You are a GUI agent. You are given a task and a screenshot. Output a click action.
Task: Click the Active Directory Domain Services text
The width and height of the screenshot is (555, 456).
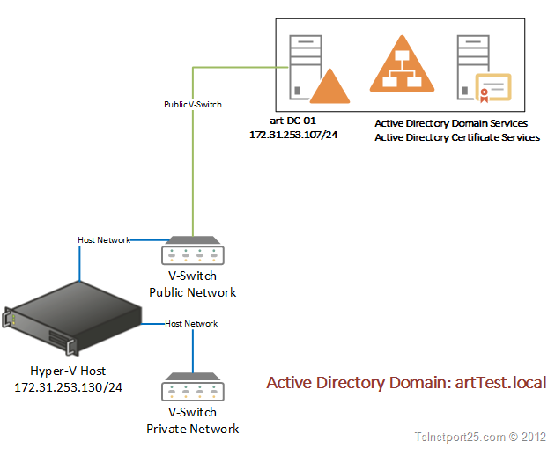[451, 124]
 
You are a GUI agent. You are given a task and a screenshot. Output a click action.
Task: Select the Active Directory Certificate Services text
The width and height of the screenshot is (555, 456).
[457, 137]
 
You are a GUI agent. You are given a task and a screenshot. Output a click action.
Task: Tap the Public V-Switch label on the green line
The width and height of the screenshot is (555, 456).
[193, 104]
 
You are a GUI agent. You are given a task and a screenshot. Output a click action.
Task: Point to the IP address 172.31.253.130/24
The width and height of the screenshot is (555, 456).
[68, 387]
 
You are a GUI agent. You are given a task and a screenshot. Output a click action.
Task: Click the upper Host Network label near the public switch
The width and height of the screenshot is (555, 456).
[104, 239]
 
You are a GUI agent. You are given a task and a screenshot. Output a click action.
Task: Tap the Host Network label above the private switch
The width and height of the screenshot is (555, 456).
[191, 324]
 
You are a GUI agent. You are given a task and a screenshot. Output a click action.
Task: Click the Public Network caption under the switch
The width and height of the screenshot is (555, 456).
[192, 292]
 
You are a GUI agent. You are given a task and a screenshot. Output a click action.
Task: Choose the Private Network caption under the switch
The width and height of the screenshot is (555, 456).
[192, 429]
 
